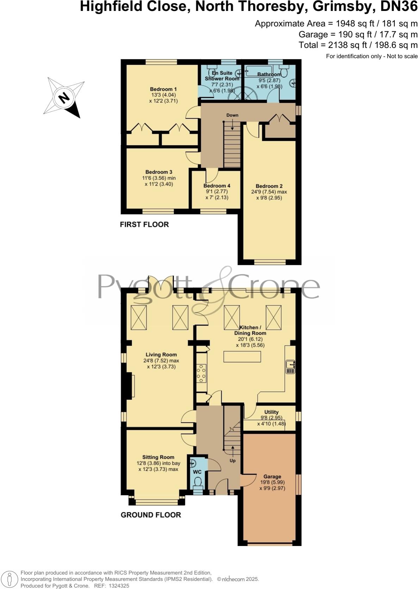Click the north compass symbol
tap(64, 97)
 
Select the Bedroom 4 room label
tap(217, 186)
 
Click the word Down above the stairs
tap(232, 115)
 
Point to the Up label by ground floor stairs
tap(233, 460)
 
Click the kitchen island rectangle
tap(242, 357)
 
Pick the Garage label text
tap(272, 476)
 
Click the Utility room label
tap(271, 412)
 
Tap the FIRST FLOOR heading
tap(144, 224)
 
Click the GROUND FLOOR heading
tap(150, 515)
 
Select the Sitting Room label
tap(158, 457)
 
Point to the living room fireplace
tap(132, 386)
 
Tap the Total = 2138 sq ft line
tap(358, 45)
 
